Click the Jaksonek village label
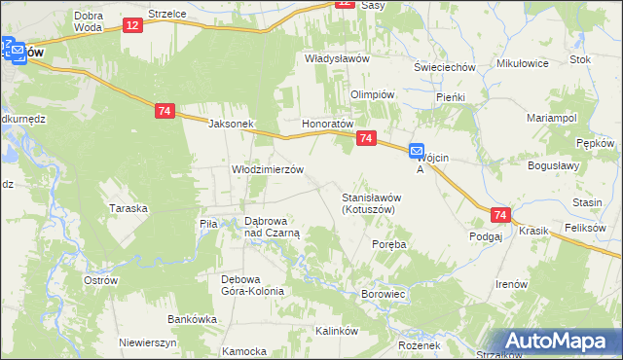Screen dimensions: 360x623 pos(231,125)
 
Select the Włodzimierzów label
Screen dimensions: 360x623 pos(268,168)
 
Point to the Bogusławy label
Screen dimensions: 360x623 pos(553,165)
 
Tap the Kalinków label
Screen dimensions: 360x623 pos(338,331)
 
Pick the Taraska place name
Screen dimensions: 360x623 pos(128,208)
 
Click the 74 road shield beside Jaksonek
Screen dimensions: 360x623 pos(164,112)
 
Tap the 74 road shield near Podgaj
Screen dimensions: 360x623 pos(500,215)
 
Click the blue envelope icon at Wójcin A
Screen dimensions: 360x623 pos(417,151)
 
